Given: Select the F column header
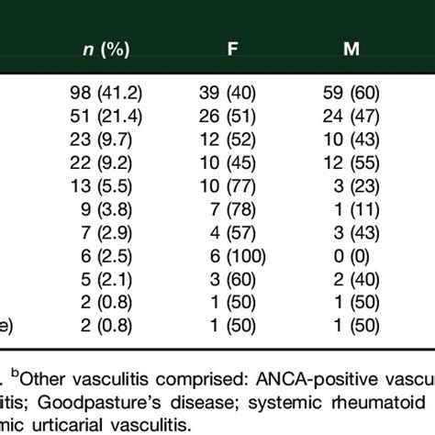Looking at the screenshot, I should (234, 49).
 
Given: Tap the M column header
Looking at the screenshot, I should (351, 49).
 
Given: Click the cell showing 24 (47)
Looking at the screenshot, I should (351, 110).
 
